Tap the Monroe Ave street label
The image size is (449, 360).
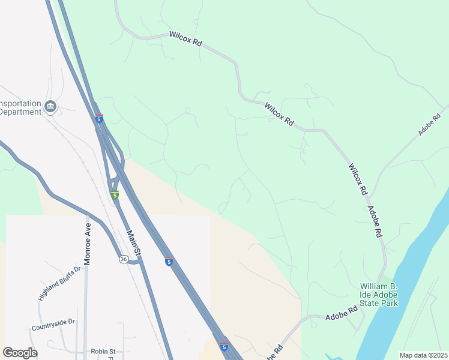88,236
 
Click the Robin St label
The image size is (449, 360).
103,351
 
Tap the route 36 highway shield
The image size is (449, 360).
123,259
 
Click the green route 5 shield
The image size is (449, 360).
114,195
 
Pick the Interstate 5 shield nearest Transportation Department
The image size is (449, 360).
99,119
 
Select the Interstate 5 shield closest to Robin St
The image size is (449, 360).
223,347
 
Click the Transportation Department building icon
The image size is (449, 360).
50,107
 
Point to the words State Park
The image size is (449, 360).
379,303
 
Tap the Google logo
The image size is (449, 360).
20,353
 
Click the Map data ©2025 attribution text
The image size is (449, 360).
423,355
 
